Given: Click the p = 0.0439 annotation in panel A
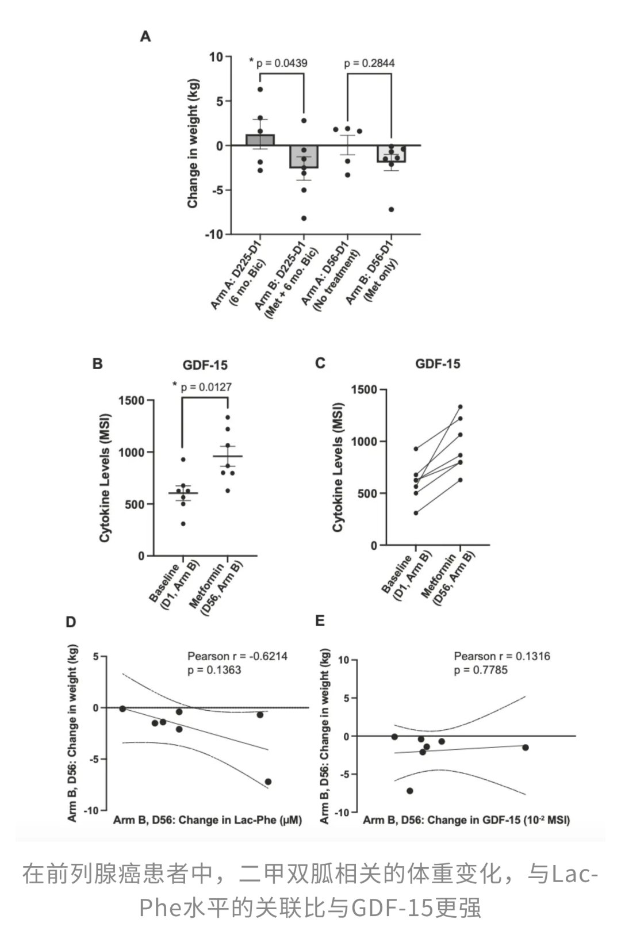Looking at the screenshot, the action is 282,63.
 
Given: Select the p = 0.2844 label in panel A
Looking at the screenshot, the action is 369,63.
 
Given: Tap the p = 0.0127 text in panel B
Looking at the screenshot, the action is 206,388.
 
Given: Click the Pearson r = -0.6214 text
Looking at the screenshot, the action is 237,656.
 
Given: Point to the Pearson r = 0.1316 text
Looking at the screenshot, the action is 502,656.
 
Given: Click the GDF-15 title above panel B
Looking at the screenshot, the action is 205,365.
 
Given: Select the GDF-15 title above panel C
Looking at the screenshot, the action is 438,364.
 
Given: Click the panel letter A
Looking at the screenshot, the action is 145,37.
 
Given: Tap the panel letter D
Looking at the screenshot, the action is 71,622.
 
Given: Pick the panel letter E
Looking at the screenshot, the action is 320,620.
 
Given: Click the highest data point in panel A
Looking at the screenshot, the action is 260,89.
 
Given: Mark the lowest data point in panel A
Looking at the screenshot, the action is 304,219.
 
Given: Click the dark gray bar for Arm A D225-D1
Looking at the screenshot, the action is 260,140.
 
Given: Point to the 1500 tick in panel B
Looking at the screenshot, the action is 131,401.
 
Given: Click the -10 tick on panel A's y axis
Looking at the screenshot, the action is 214,235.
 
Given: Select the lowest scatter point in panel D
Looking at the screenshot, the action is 268,782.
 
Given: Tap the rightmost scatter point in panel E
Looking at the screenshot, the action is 526,748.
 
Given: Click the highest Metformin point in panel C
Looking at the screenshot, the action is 460,407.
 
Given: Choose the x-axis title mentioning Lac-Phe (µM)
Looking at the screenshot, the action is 208,820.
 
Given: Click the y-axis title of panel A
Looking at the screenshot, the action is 193,143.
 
